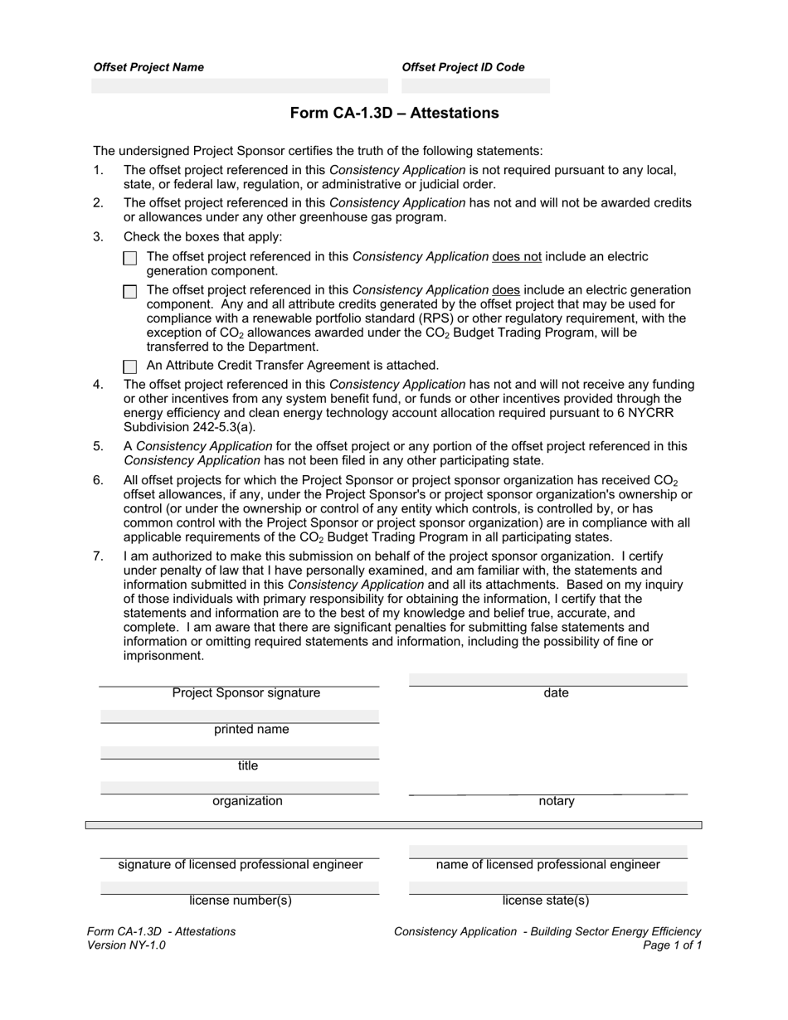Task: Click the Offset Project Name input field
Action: (239, 85)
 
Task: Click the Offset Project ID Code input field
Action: (475, 85)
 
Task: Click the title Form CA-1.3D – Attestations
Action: (394, 113)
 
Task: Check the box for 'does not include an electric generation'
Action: (130, 258)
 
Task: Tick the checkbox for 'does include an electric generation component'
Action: (130, 291)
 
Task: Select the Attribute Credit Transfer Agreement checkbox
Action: (130, 366)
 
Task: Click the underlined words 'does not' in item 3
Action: (516, 257)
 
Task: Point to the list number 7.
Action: (98, 556)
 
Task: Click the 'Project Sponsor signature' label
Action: (246, 693)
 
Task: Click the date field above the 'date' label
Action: (547, 680)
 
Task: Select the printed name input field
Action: (240, 716)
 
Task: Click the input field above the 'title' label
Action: (240, 752)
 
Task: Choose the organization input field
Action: (240, 787)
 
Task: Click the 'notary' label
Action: (556, 801)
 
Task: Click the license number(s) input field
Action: (240, 887)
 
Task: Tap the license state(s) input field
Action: (547, 887)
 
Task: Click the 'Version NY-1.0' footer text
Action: (126, 945)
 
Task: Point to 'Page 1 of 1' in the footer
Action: (672, 945)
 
